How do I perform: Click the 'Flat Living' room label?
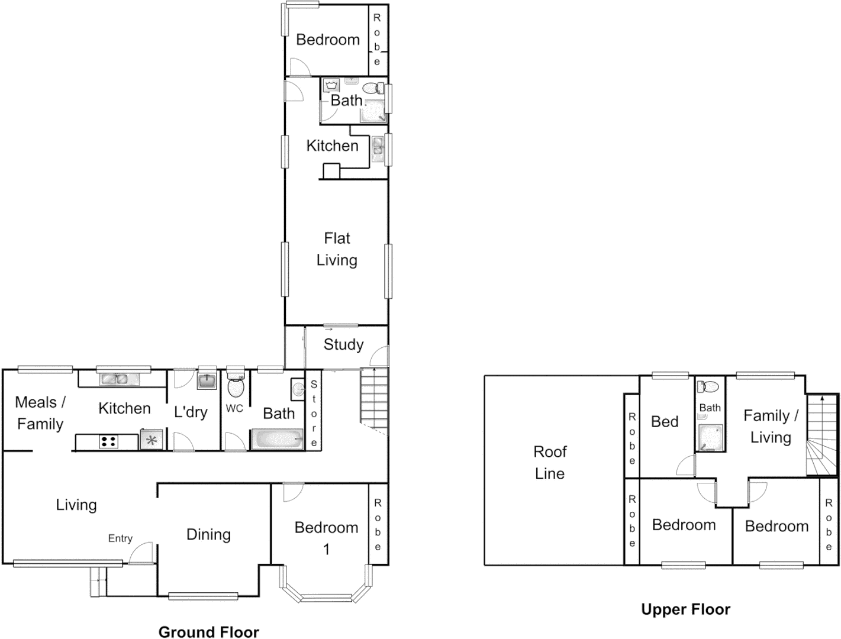[337, 249]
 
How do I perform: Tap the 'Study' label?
[343, 344]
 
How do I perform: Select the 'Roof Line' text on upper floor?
[550, 462]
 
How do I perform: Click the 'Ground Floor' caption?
[208, 631]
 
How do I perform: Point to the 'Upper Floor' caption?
[685, 609]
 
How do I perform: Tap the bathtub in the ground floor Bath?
[277, 440]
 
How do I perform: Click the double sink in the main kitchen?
[117, 379]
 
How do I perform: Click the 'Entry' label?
[120, 538]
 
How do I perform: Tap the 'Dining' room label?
[208, 534]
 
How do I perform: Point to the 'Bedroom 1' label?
[326, 537]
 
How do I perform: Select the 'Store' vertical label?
[314, 414]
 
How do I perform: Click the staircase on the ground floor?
[374, 396]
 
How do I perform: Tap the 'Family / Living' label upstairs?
[770, 426]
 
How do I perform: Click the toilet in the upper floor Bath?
[709, 387]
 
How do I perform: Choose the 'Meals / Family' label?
[40, 413]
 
